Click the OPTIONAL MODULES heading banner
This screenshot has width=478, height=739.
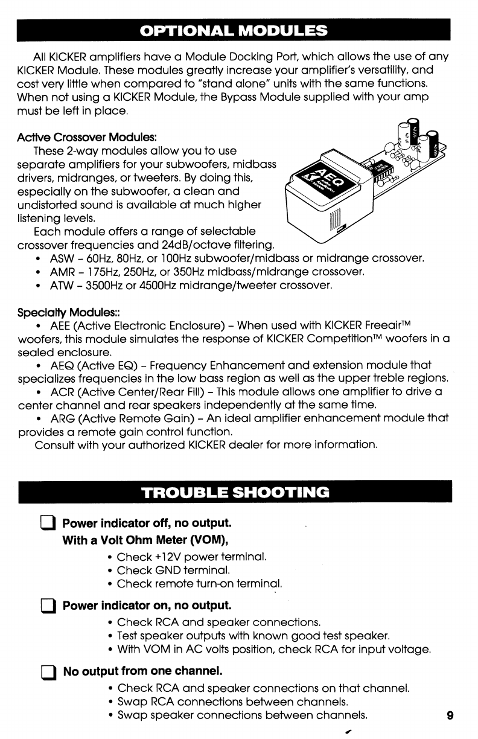[235, 30]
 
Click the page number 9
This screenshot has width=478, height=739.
[450, 716]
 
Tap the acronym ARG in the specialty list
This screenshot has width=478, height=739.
[62, 418]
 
